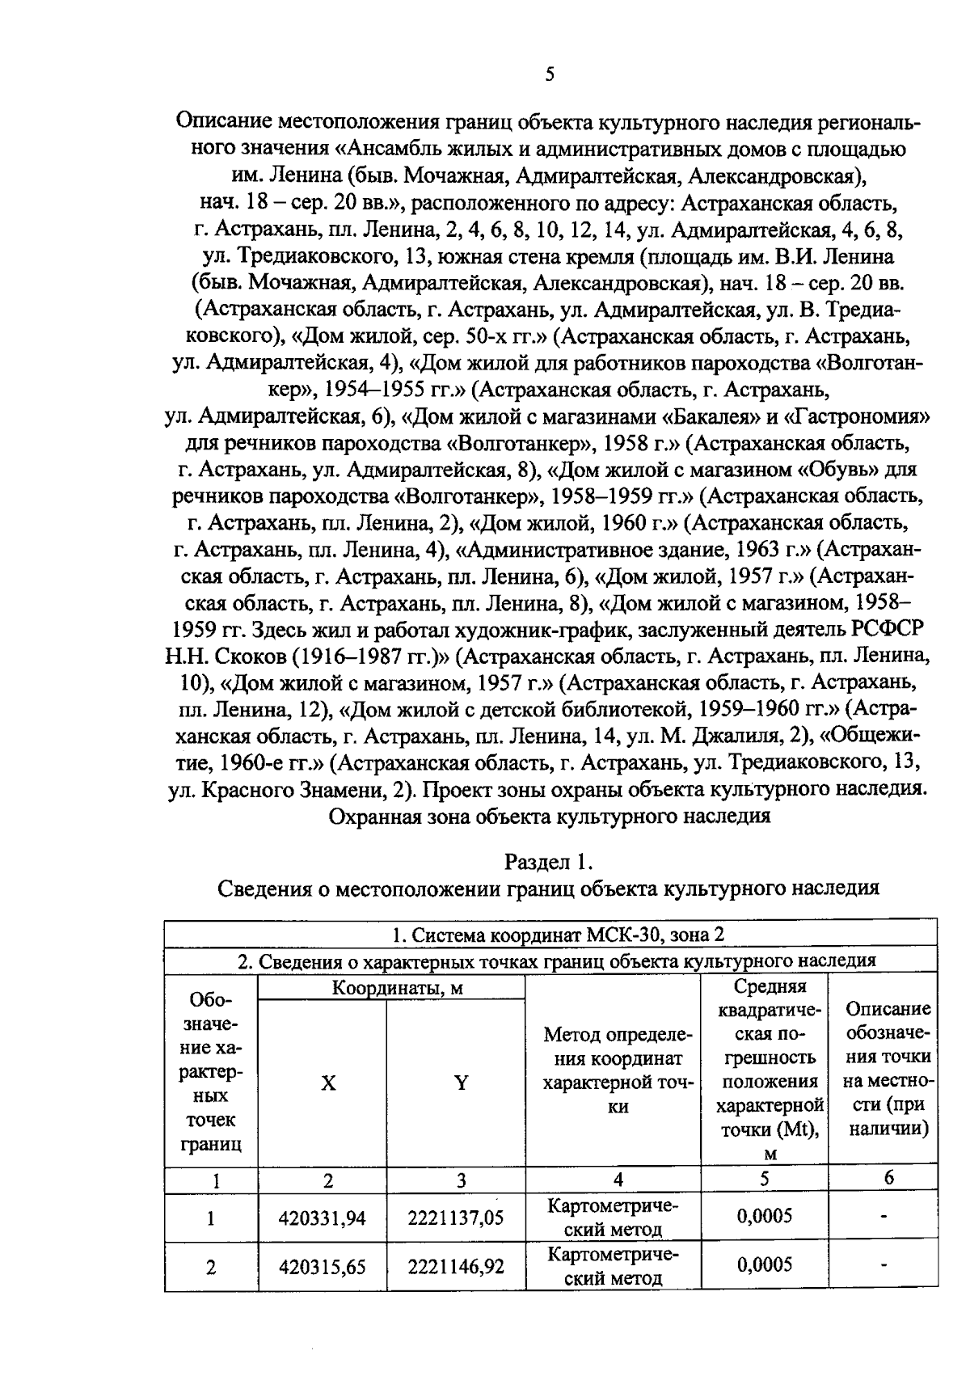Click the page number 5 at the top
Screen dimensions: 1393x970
(x=550, y=75)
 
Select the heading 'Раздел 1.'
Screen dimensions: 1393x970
(x=549, y=862)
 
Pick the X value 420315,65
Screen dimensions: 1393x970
(x=322, y=1267)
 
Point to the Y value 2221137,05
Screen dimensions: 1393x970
(x=456, y=1218)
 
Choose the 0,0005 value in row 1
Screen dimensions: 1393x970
(x=764, y=1217)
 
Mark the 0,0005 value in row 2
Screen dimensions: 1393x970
(x=764, y=1265)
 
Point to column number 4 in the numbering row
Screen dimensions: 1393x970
(x=618, y=1180)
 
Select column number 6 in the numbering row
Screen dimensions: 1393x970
(x=888, y=1179)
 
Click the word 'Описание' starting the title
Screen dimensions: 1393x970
(x=222, y=123)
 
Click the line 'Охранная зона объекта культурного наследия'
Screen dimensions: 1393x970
(x=550, y=816)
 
